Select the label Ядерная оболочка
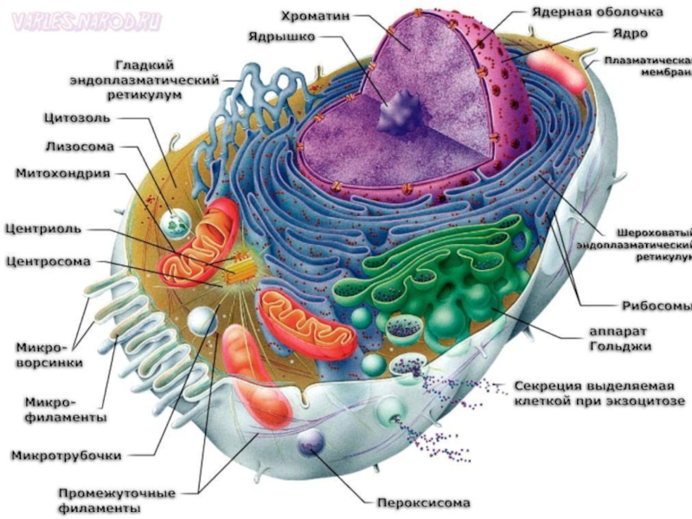pos(596,13)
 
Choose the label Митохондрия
pos(63,173)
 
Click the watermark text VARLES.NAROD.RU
pos(86,22)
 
